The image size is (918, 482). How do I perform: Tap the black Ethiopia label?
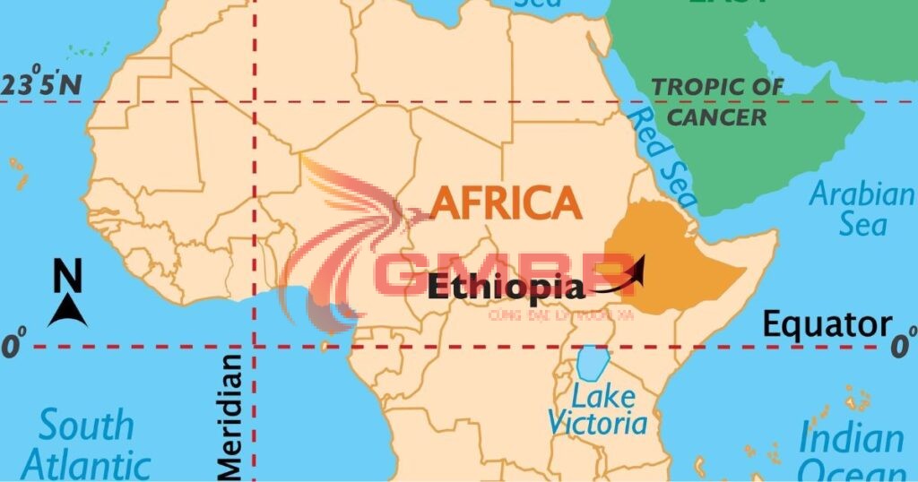(506, 287)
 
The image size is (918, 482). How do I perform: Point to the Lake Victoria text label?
(596, 409)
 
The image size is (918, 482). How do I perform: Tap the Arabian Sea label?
(862, 208)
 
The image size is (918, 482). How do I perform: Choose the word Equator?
(827, 325)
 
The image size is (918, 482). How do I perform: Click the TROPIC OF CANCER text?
(717, 101)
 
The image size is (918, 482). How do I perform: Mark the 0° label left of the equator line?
(13, 346)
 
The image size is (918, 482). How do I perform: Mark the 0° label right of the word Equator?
(903, 344)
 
